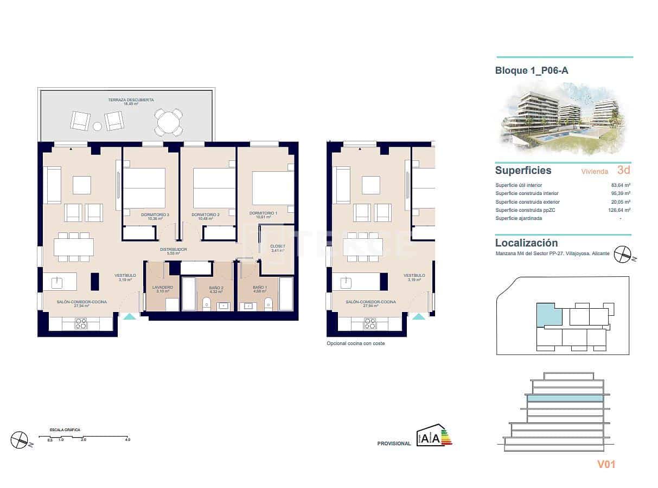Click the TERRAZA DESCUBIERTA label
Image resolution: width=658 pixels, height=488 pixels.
[123, 100]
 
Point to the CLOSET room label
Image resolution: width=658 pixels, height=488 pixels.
[277, 246]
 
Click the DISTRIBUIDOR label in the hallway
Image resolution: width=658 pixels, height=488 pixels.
[173, 250]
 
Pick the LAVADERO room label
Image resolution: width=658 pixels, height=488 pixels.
[163, 287]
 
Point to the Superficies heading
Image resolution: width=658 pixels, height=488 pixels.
[523, 171]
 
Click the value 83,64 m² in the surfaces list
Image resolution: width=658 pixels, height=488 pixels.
[620, 185]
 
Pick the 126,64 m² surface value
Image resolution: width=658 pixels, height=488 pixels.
[619, 210]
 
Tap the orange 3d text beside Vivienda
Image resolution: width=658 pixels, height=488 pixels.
[623, 170]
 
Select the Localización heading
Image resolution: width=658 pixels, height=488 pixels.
[526, 243]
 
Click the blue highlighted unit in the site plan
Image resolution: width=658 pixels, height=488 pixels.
[547, 314]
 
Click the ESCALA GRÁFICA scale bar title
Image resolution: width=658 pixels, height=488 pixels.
[65, 430]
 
